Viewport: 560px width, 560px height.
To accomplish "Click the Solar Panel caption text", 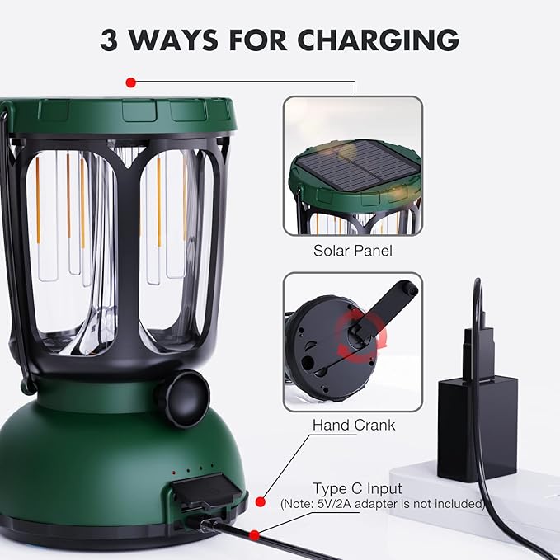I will pyautogui.click(x=353, y=250).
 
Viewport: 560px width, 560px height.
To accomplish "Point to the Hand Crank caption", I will pyautogui.click(x=353, y=426).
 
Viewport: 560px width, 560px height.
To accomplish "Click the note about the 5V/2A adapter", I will pyautogui.click(x=381, y=503).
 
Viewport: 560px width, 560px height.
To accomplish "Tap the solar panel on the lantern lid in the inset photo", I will pyautogui.click(x=355, y=172).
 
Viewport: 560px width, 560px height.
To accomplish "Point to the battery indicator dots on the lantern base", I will pyautogui.click(x=195, y=472).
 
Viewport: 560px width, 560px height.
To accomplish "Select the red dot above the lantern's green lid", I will pyautogui.click(x=130, y=82).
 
